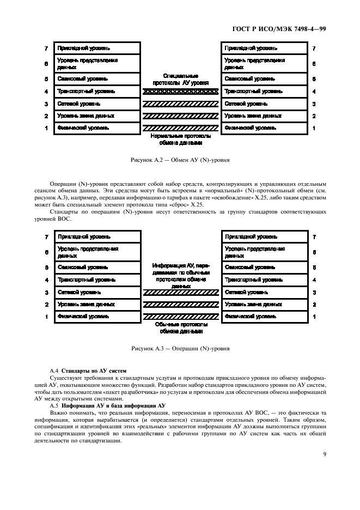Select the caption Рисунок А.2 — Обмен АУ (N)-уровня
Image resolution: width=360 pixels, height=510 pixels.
pyautogui.click(x=180, y=162)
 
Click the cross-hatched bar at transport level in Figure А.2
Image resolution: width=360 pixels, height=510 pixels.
pyautogui.click(x=180, y=92)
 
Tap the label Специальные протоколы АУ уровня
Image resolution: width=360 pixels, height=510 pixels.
pyautogui.click(x=180, y=80)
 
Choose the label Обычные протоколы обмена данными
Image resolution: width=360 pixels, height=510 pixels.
pyautogui.click(x=180, y=327)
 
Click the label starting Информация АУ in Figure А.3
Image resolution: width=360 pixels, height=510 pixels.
pyautogui.click(x=180, y=275)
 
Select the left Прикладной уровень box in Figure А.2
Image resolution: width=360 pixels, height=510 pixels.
pyautogui.click(x=97, y=48)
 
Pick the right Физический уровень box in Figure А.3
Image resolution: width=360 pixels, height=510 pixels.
pyautogui.click(x=263, y=317)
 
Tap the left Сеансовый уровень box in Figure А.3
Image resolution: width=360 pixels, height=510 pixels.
pyautogui.click(x=97, y=268)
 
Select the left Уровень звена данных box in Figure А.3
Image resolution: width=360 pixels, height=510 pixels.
pyautogui.click(x=97, y=305)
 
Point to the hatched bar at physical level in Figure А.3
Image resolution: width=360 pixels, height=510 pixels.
pyautogui.click(x=180, y=317)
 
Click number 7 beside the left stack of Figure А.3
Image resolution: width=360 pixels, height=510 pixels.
pyautogui.click(x=47, y=237)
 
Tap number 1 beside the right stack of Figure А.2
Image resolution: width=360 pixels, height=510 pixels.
pyautogui.click(x=314, y=128)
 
